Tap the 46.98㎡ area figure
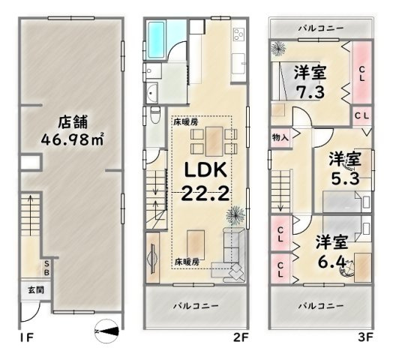click(x=71, y=139)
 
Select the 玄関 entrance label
click(x=25, y=290)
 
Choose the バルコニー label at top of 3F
click(x=321, y=28)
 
